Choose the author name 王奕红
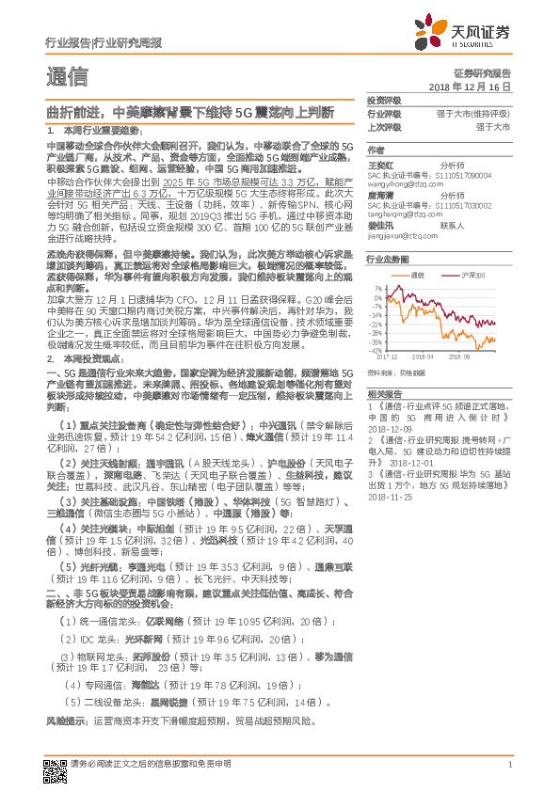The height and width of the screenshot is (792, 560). pos(379,165)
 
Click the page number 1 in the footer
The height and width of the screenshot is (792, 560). pos(509,765)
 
